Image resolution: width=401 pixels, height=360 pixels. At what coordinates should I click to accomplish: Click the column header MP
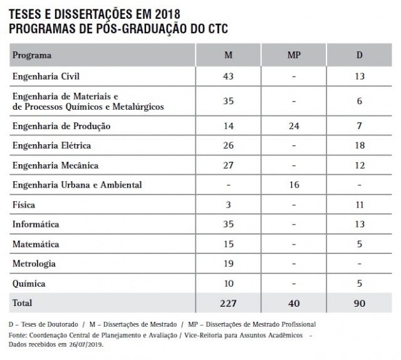point(293,55)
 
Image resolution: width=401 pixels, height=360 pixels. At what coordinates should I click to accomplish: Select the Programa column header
point(32,55)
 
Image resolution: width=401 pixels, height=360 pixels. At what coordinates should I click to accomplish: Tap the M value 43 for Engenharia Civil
point(229,77)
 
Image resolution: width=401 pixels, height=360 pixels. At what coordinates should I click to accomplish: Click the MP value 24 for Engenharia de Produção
point(293,126)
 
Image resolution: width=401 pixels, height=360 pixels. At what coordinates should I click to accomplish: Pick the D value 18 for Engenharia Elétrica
point(360,146)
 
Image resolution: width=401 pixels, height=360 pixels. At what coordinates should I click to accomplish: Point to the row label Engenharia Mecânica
point(55,166)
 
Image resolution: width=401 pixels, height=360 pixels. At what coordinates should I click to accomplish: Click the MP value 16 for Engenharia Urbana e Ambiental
point(293,185)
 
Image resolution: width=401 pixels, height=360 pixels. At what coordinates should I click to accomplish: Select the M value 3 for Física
point(229,205)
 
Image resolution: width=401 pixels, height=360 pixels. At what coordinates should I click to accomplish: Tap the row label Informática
point(36,224)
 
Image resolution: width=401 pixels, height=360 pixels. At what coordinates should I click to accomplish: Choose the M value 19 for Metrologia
point(229,263)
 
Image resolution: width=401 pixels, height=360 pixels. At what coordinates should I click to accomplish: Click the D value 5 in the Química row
point(360,283)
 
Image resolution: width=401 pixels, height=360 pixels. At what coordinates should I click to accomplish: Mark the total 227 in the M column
point(229,303)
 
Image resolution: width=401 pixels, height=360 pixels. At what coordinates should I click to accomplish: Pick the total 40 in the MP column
point(293,303)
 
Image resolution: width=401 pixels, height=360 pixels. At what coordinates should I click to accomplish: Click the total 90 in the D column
point(360,303)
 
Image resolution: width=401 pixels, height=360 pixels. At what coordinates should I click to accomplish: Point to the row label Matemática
point(36,244)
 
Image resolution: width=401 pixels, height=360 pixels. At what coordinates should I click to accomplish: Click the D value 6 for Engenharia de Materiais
point(360,101)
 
